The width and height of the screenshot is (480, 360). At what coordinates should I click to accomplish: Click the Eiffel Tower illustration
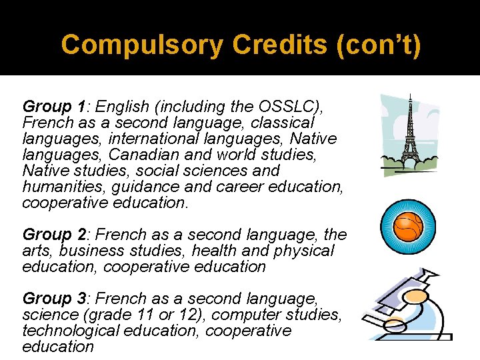pyautogui.click(x=409, y=137)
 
